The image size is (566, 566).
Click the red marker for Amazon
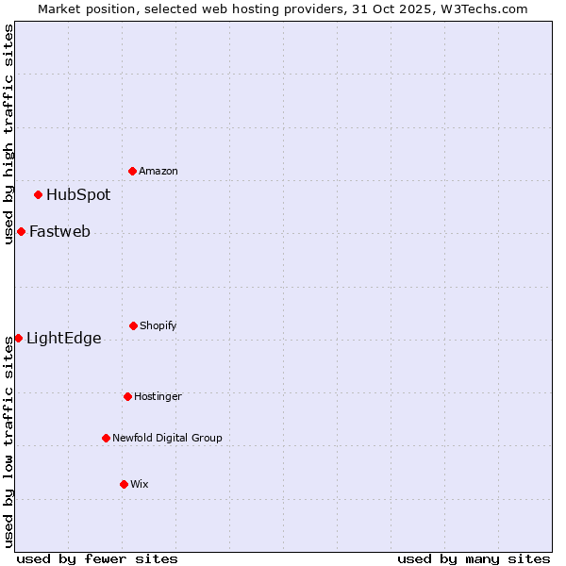[x=132, y=171]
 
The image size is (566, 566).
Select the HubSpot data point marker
[x=38, y=195]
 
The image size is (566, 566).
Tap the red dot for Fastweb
[x=21, y=231]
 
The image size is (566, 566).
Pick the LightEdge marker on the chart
[x=18, y=338]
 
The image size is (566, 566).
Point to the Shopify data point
[x=133, y=325]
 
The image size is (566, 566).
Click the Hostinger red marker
[x=127, y=396]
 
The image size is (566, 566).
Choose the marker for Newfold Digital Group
[x=106, y=438]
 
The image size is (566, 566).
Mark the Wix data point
[x=124, y=484]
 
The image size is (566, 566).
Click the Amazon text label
[x=158, y=171]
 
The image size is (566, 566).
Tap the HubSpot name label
[x=78, y=195]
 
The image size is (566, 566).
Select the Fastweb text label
[x=59, y=231]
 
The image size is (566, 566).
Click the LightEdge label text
[x=63, y=339]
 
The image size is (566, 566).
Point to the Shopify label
[x=158, y=325]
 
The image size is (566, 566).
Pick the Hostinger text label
[x=158, y=396]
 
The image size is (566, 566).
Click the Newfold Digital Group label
[x=167, y=438]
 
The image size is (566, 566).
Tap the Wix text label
[x=140, y=484]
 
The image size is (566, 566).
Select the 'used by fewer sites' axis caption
[x=97, y=558]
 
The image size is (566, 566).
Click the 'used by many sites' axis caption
[x=474, y=558]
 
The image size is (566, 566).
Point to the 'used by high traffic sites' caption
[x=8, y=134]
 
